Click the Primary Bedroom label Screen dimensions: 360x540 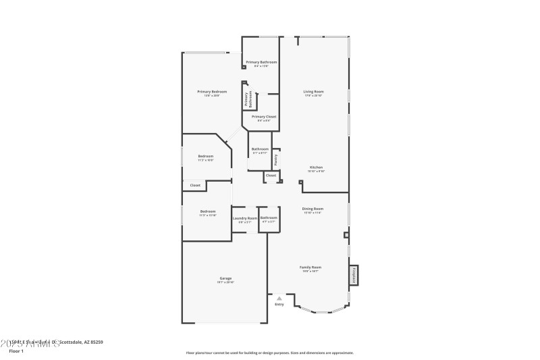coord(211,92)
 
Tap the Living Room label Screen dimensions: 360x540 coord(313,92)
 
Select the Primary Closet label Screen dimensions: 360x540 coord(263,117)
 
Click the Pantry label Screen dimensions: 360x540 coord(276,160)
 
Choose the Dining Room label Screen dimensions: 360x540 coord(313,209)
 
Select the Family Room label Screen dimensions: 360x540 coord(310,267)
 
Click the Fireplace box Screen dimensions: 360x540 coord(353,275)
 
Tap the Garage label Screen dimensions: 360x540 coord(225,279)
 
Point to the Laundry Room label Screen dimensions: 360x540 coord(244,218)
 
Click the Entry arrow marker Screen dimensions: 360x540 coord(279,298)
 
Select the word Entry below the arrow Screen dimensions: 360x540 coord(279,304)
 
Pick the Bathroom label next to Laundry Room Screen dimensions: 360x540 coord(269,218)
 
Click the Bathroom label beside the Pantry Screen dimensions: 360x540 coord(260,149)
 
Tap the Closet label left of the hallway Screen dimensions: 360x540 coord(195,185)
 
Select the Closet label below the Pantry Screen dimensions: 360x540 coord(271,176)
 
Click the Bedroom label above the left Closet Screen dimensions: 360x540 coord(206,157)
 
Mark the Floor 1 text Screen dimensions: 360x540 coord(16,351)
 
